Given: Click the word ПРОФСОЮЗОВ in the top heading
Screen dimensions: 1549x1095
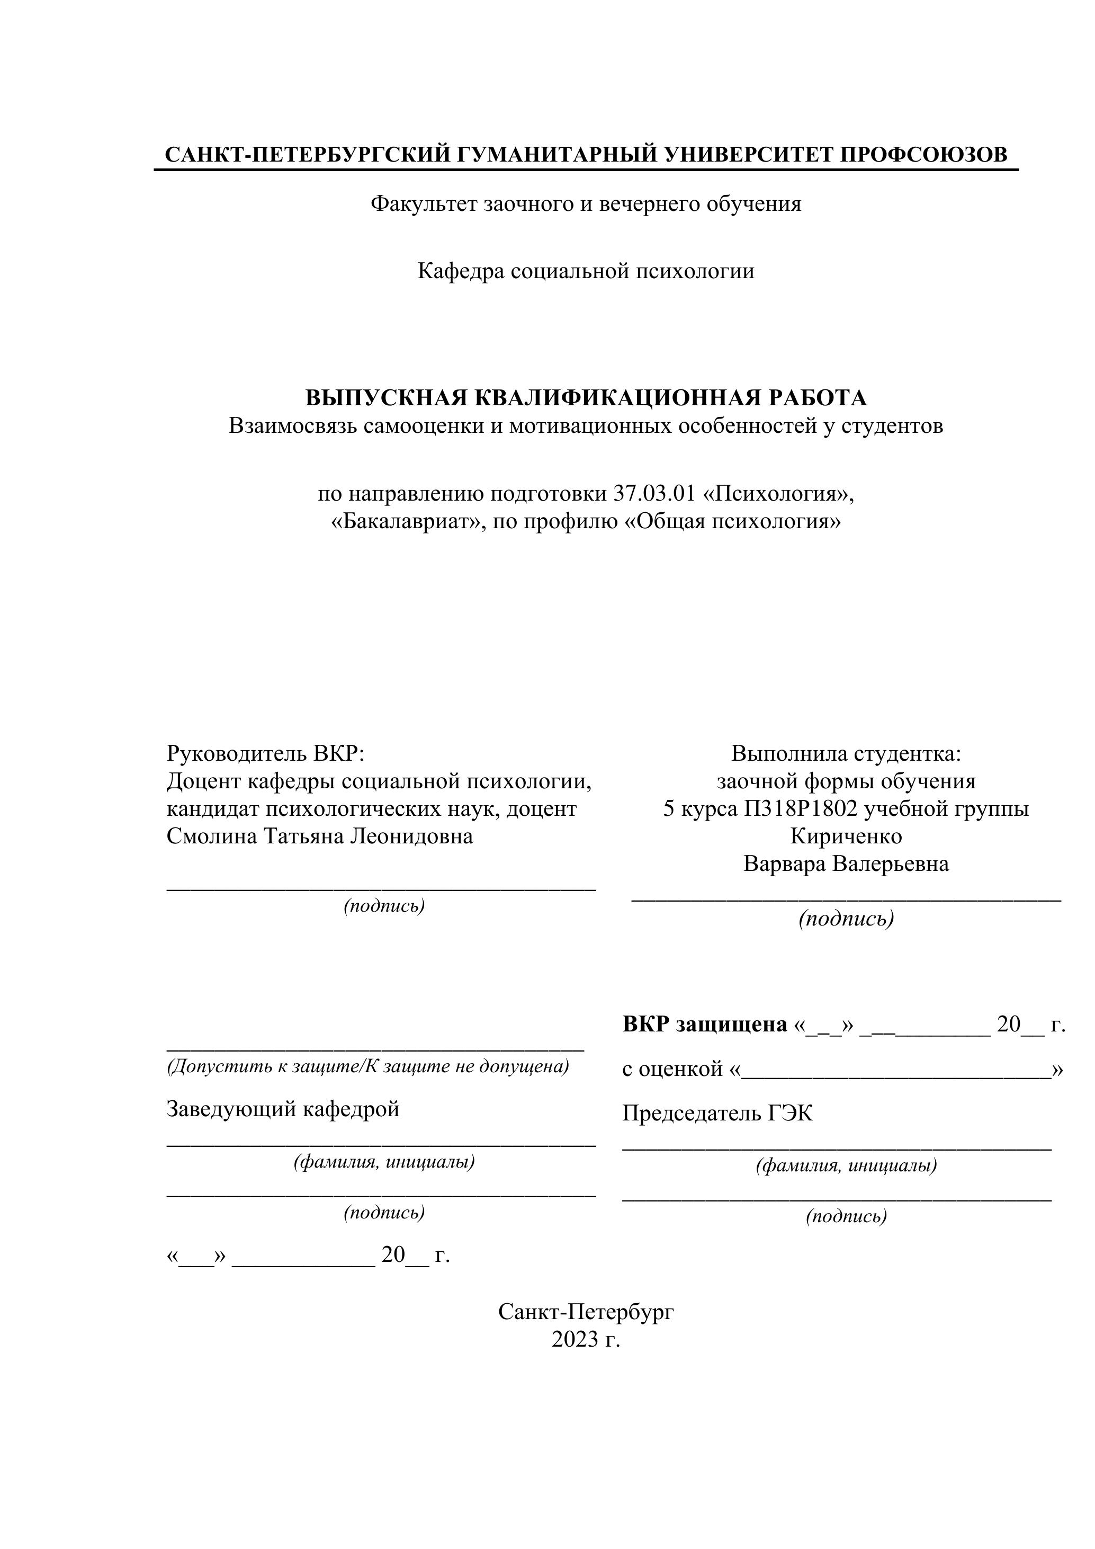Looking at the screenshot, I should click(x=924, y=155).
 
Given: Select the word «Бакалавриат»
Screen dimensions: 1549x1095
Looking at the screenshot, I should click(x=408, y=521).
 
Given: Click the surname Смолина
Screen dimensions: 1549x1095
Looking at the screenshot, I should click(x=212, y=836).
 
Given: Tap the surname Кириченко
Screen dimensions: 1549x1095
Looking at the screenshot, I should click(x=846, y=836).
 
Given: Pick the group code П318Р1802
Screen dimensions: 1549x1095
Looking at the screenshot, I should click(x=801, y=809).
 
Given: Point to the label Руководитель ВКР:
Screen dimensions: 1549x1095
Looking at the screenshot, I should click(x=265, y=754).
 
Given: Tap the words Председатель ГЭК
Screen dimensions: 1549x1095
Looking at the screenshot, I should click(x=717, y=1113).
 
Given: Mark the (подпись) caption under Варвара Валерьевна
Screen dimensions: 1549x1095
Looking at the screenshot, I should click(x=846, y=919).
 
